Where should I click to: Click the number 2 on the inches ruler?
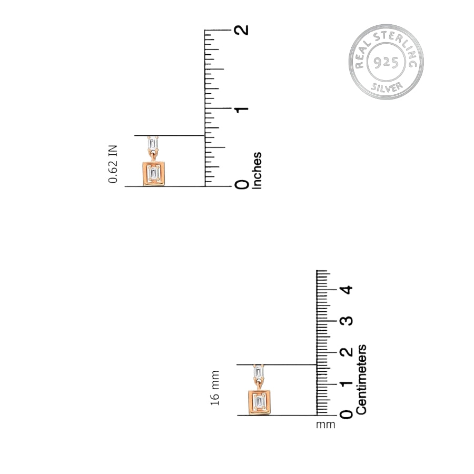(242, 30)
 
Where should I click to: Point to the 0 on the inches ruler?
(242, 184)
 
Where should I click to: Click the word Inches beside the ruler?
(256, 171)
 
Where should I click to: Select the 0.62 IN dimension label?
(113, 164)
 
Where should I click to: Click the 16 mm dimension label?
(215, 388)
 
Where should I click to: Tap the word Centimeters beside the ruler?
(361, 379)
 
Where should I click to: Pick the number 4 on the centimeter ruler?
(347, 290)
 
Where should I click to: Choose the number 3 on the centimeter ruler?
(347, 321)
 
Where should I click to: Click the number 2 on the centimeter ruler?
(347, 352)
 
